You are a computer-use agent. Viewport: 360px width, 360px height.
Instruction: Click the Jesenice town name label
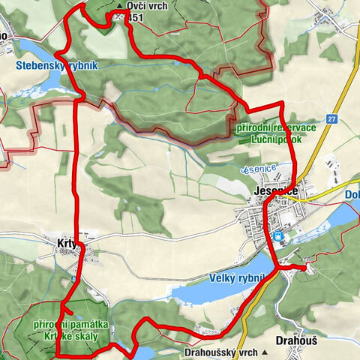tap(271, 193)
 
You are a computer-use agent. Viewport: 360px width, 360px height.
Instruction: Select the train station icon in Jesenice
tap(279, 237)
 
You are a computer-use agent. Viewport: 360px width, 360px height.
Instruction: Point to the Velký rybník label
tap(237, 280)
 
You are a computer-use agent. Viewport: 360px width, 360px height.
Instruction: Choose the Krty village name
tap(69, 243)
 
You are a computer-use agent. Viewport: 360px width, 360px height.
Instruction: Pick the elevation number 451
tap(135, 17)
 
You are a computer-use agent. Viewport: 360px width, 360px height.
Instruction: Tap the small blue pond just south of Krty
tap(74, 279)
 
